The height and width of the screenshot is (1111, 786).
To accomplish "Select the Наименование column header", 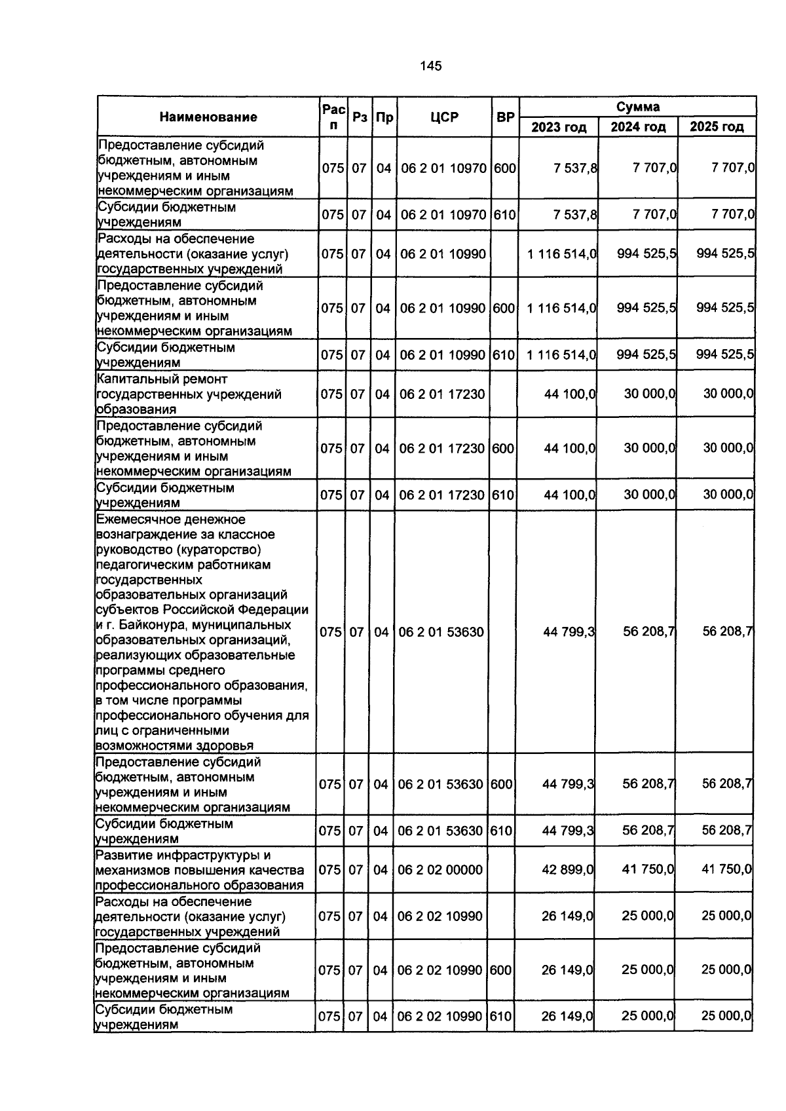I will coord(208,117).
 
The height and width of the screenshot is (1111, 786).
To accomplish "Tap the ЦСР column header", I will coord(444,117).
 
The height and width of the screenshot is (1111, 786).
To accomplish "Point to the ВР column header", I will coord(505,118).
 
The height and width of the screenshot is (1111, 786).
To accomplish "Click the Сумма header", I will coord(637,107).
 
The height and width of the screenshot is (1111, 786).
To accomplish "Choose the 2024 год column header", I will coord(638,127).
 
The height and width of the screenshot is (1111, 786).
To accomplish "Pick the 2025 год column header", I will coord(717,127).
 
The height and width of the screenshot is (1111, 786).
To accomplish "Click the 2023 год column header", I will coord(558,127).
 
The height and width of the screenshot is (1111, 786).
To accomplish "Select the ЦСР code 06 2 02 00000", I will coord(440,869).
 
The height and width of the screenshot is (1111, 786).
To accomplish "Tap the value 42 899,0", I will coord(567,869).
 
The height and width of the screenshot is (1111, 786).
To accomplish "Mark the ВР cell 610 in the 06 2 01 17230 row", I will coord(502,495).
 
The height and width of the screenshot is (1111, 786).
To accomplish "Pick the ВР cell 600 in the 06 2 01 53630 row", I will coord(501,783).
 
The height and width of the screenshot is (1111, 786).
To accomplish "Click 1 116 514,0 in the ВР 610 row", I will coord(561,355).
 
